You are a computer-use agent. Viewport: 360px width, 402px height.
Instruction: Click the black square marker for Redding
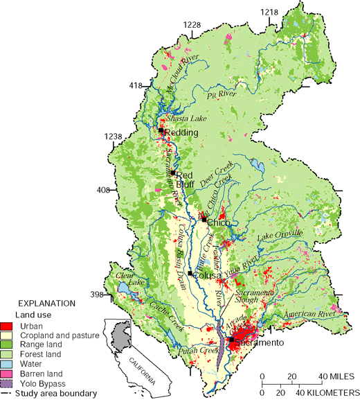coord(161,130)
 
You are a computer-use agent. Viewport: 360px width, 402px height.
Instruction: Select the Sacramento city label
coord(260,343)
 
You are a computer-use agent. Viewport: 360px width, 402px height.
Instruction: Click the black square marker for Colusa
coord(190,273)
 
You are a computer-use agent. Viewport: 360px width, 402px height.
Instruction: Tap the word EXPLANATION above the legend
coord(47,304)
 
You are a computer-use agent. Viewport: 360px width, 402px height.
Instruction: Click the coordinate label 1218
coord(269,12)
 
